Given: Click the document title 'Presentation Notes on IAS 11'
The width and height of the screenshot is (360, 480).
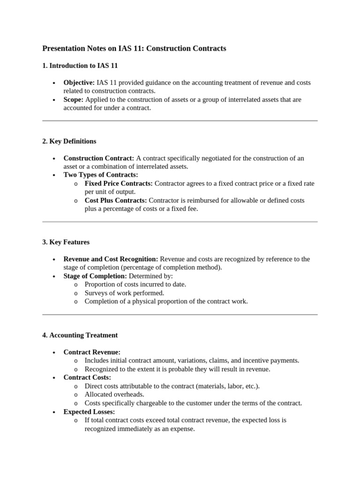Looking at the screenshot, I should (x=134, y=48).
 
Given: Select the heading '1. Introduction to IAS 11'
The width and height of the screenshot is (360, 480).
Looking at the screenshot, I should (x=83, y=66).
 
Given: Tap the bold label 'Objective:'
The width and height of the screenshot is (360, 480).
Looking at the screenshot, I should (x=79, y=82).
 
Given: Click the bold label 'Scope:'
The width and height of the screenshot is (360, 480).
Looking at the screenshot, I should (x=74, y=99).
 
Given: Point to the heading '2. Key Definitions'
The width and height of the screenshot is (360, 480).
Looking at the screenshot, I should (x=69, y=141).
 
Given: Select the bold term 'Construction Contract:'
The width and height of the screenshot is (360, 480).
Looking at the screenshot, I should (x=99, y=158).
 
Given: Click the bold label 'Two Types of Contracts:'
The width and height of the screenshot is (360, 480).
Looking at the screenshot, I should (x=101, y=175).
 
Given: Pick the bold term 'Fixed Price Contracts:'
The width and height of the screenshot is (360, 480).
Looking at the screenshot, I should (x=119, y=183).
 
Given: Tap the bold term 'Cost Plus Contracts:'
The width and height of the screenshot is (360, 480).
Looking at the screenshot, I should (x=116, y=200).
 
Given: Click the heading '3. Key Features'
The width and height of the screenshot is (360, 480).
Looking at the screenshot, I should (x=66, y=242).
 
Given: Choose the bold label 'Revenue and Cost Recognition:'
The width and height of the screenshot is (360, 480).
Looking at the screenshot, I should (x=111, y=259).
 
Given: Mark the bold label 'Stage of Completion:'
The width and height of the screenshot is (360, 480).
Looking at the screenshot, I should (x=95, y=276).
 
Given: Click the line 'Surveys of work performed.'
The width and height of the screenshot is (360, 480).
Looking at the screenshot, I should (x=124, y=293).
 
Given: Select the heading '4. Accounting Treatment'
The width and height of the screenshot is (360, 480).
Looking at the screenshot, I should (x=80, y=335).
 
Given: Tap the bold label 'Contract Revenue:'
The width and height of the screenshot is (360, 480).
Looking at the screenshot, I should (x=92, y=352).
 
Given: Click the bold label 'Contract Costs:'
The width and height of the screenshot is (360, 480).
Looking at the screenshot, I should (x=87, y=377).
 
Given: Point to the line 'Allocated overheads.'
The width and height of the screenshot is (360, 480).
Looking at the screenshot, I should (x=115, y=394).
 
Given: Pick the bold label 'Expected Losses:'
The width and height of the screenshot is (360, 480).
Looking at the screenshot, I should (x=89, y=412).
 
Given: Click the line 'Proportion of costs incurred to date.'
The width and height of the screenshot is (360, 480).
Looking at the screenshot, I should (x=135, y=285).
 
